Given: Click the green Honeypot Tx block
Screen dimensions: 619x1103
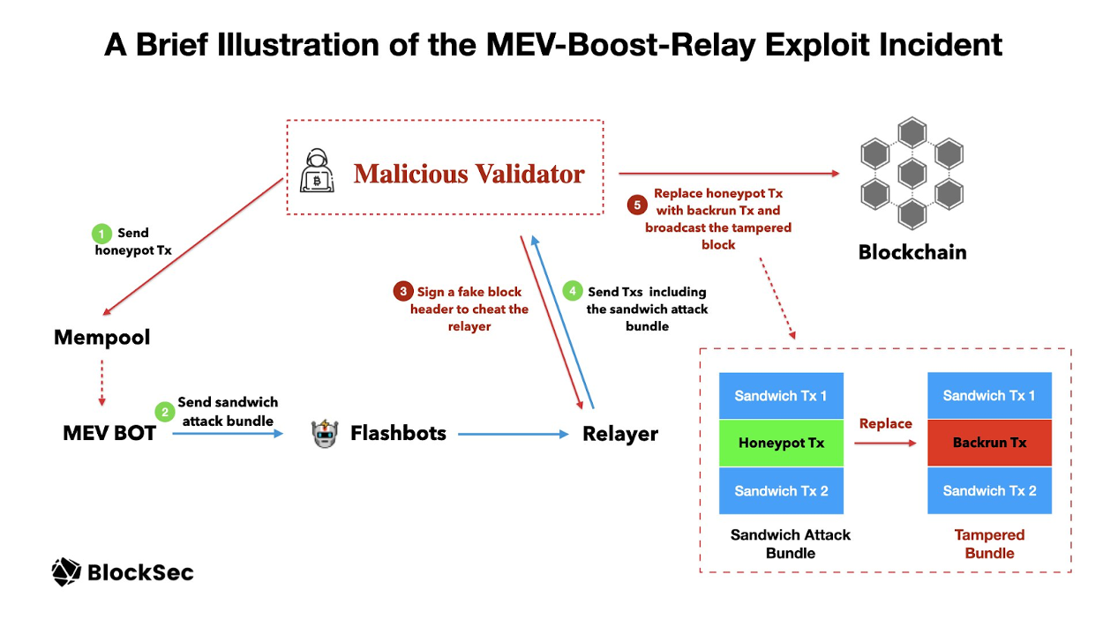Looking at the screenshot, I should (x=781, y=443).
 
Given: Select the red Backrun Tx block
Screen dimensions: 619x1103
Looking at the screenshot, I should (x=989, y=443).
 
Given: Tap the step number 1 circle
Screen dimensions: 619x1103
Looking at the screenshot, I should (x=102, y=234).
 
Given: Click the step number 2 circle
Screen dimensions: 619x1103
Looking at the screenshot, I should (x=164, y=411).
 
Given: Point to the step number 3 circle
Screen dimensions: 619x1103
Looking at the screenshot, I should (x=403, y=291).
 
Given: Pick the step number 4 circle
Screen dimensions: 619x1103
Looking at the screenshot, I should (x=573, y=291).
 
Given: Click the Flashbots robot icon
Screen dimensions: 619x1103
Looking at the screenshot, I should (x=325, y=434).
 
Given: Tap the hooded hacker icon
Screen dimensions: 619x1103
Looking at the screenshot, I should (x=317, y=171).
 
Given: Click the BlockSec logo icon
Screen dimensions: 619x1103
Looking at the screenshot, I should (x=66, y=572).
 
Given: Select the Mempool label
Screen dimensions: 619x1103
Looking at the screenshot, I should (x=102, y=338).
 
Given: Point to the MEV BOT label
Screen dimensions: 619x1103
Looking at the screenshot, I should (x=109, y=433).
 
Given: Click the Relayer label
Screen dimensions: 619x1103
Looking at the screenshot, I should (x=620, y=434).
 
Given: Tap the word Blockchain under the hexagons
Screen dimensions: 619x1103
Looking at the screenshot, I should (x=912, y=252).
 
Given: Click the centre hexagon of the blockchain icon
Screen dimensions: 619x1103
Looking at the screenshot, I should (x=911, y=173).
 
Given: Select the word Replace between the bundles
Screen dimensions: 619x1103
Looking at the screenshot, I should (x=885, y=424).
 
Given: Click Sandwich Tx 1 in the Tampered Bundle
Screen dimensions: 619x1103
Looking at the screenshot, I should (x=989, y=396).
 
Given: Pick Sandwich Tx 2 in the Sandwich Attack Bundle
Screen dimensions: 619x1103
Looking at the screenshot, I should (x=781, y=490).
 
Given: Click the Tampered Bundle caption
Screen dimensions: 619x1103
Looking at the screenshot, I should (x=989, y=544).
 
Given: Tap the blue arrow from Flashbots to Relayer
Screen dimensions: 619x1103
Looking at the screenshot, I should (x=512, y=434).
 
